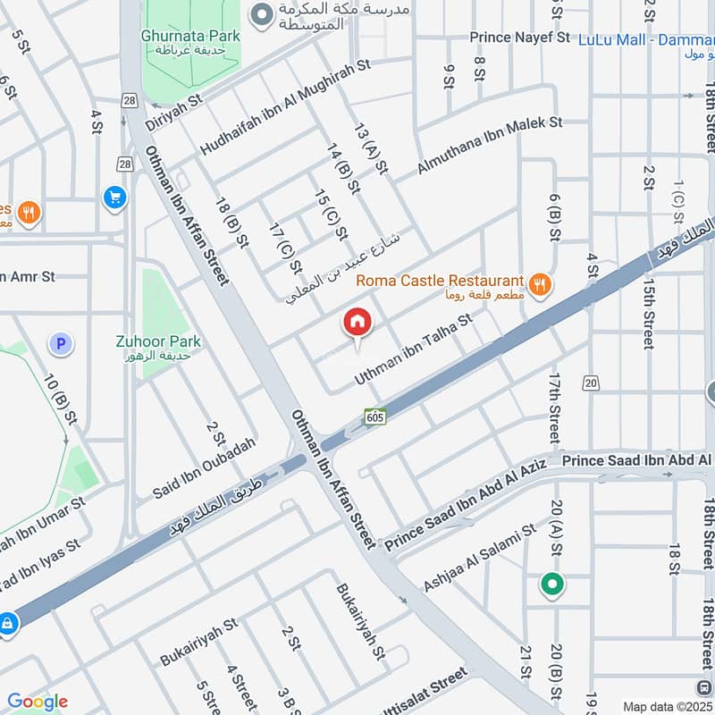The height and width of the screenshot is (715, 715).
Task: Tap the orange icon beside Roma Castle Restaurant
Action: tap(539, 284)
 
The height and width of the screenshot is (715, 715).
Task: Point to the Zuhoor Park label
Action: tap(158, 341)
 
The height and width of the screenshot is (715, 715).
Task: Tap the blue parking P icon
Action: tap(61, 342)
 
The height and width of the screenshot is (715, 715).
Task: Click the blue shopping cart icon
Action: tap(114, 197)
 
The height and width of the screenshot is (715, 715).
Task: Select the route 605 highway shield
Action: tap(375, 416)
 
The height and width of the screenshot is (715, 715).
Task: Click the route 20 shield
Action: tap(589, 383)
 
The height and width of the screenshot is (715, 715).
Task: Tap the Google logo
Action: tap(38, 701)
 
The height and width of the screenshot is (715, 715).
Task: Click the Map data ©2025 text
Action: tap(666, 706)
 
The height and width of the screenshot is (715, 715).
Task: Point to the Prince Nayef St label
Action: tap(520, 38)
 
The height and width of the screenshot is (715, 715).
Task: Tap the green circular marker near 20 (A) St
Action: tap(552, 585)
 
